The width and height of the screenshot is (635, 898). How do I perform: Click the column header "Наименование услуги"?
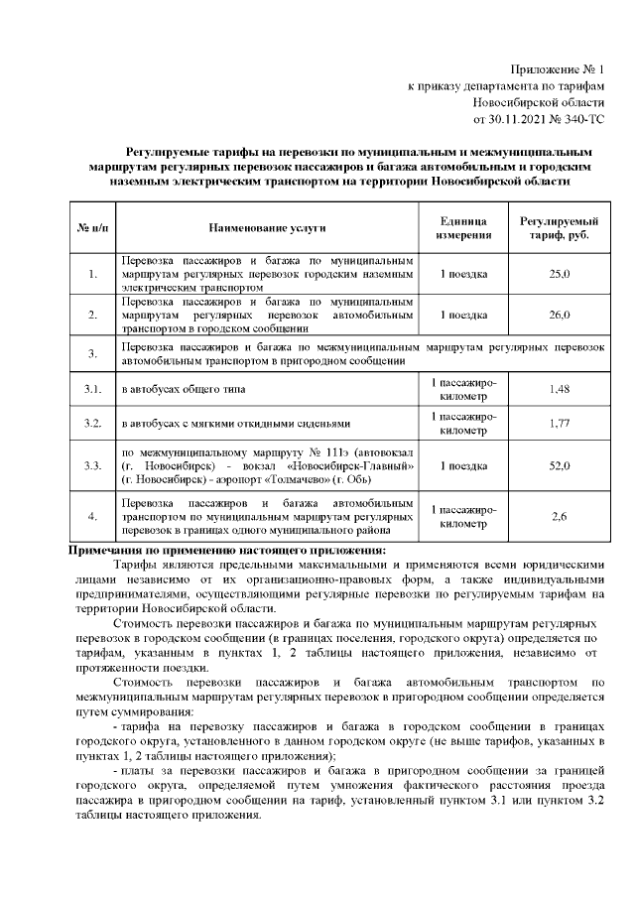[267, 228]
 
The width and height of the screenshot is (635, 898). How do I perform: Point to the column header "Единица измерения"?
[463, 228]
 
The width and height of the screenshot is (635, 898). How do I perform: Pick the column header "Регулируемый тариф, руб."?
[559, 228]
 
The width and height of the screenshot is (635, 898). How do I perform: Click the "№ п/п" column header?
[92, 228]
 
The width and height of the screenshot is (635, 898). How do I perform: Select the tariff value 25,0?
[559, 273]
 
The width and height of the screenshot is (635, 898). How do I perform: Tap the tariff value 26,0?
[559, 315]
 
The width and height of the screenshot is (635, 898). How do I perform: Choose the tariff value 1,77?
[559, 425]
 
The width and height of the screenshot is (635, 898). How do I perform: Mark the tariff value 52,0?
[559, 466]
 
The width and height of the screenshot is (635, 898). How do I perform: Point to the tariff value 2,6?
[559, 516]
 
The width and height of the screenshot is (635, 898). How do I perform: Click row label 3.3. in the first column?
[92, 466]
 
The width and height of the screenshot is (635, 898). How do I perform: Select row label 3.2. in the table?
[92, 425]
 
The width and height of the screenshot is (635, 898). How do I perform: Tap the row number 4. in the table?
[92, 516]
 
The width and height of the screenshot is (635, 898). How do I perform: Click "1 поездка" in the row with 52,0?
[463, 466]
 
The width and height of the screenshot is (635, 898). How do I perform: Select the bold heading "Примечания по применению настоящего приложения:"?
[226, 551]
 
